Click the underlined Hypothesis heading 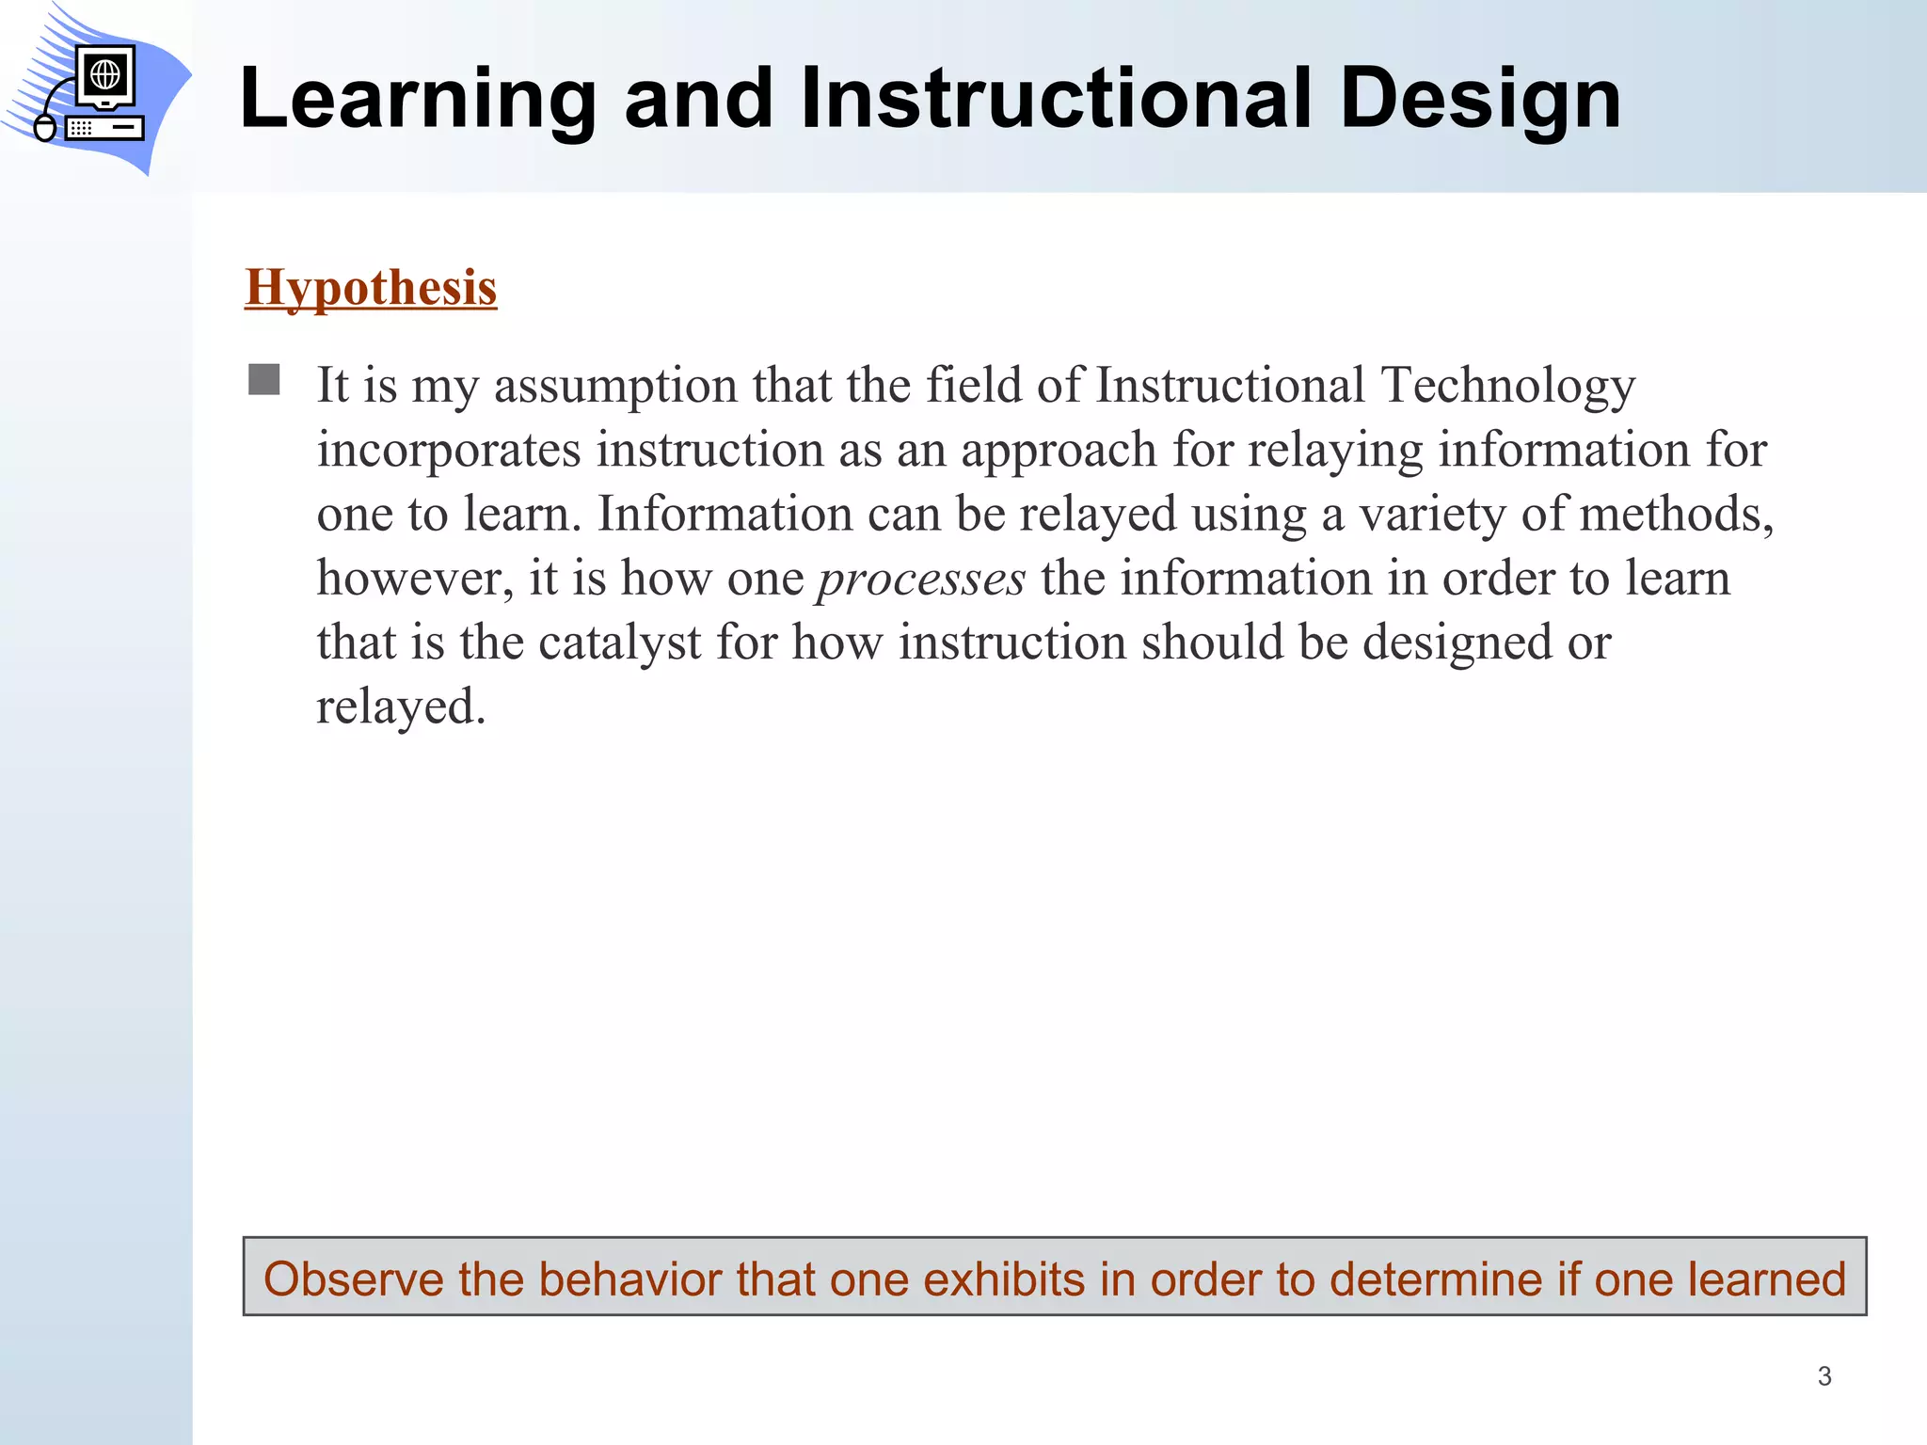(371, 287)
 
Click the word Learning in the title (418, 100)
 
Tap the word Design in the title (1480, 100)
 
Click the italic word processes (921, 578)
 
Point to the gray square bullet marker (264, 380)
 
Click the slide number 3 (1824, 1376)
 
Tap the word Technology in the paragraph (1508, 386)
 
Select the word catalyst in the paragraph (620, 643)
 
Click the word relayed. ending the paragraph (401, 707)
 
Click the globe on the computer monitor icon (104, 72)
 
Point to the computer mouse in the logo (44, 127)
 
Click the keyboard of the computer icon (104, 128)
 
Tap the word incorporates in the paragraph (449, 450)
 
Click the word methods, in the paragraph (1676, 514)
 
